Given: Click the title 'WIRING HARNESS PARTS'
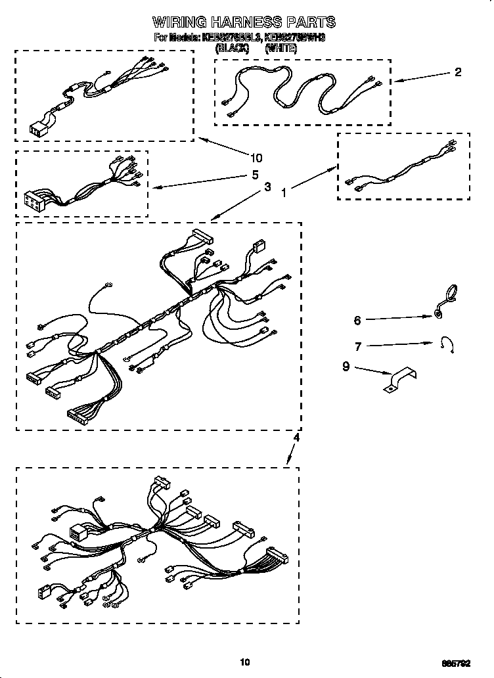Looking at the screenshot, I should [x=244, y=22].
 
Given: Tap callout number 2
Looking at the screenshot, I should [x=458, y=72].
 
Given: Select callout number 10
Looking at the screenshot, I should [x=256, y=158].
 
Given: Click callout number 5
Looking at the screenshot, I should [x=255, y=175].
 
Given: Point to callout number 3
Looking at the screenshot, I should [x=267, y=187].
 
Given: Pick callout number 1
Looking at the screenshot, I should [x=284, y=193].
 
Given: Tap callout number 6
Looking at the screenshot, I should [x=357, y=321].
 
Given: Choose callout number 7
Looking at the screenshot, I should [x=357, y=346].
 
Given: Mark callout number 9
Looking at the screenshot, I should [x=346, y=367].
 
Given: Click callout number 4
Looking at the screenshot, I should [x=296, y=437].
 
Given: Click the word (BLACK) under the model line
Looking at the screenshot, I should [x=232, y=48].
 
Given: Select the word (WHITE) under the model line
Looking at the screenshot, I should [x=282, y=48].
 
